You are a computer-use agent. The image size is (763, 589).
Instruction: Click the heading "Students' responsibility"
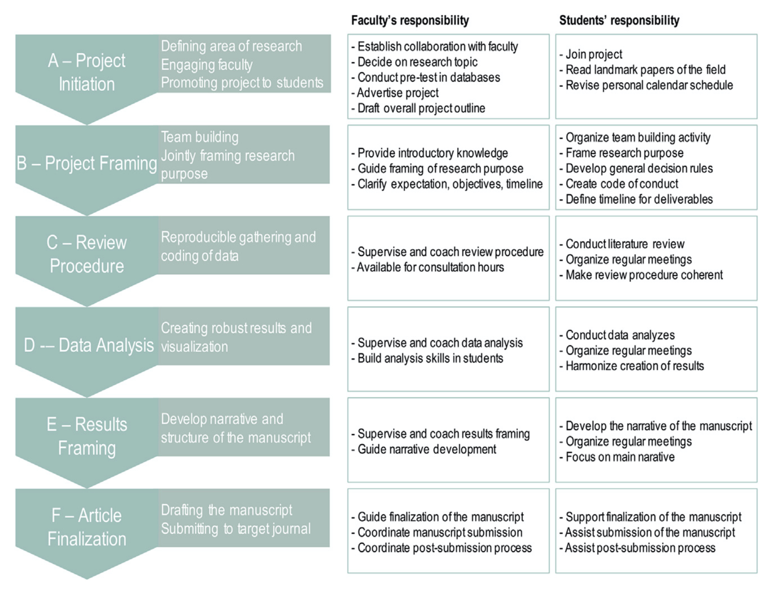[x=619, y=21]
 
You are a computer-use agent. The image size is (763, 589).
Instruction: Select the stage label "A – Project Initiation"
[x=87, y=72]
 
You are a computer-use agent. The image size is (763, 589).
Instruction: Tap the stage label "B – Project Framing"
[x=87, y=163]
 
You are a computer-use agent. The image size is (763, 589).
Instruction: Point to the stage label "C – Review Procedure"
[x=87, y=254]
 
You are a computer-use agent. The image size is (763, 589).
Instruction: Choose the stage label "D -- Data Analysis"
[x=89, y=345]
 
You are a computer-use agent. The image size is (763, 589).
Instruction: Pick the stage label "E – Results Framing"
[x=87, y=436]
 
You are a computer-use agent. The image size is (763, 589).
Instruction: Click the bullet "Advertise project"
[x=395, y=93]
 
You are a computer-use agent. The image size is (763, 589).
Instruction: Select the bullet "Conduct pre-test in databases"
[x=426, y=77]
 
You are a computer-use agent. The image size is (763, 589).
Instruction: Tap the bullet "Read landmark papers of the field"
[x=643, y=70]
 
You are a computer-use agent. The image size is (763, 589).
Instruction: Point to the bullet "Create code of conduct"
[x=619, y=184]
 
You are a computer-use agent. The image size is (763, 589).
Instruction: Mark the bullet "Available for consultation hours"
[x=428, y=267]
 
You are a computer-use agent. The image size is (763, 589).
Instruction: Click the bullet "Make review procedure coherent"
[x=641, y=275]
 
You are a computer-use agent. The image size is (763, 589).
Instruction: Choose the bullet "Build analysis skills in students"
[x=427, y=358]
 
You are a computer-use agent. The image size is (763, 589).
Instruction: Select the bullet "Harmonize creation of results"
[x=632, y=366]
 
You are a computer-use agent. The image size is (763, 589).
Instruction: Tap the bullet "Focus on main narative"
[x=617, y=457]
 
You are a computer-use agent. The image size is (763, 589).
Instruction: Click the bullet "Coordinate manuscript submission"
[x=437, y=532]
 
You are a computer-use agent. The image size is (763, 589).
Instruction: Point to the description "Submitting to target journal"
[x=236, y=528]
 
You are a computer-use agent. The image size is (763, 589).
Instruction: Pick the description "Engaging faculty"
[x=207, y=65]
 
